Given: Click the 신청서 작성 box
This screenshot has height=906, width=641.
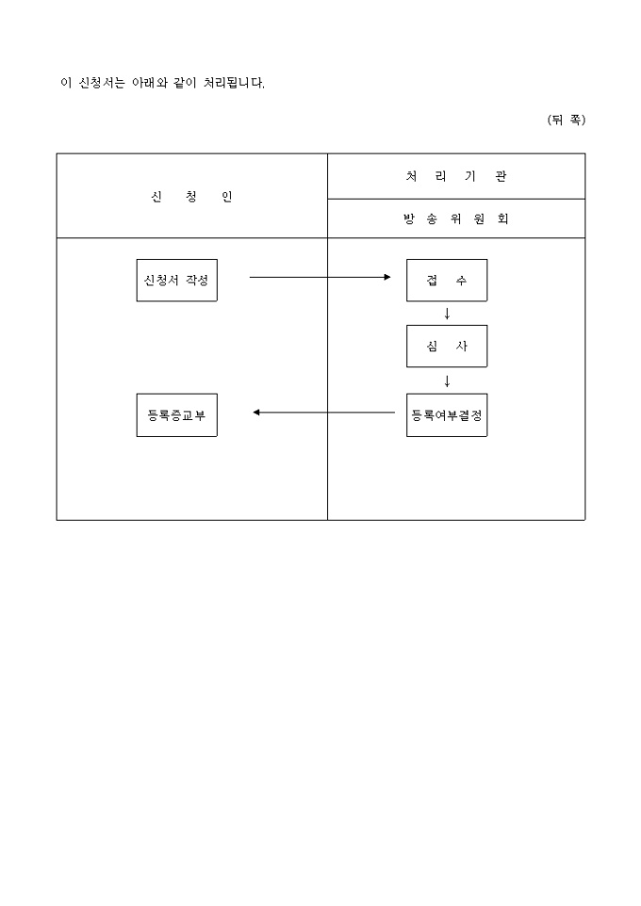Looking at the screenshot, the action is tap(177, 281).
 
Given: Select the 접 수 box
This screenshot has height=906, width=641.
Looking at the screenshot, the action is tap(447, 281).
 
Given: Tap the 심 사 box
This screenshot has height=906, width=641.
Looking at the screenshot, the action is tap(447, 346).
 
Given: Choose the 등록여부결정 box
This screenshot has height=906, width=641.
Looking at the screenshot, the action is tap(447, 415).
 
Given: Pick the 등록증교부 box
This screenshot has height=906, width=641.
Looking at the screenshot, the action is tap(177, 415).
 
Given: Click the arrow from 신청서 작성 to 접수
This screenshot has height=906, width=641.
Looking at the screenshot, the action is tap(320, 277).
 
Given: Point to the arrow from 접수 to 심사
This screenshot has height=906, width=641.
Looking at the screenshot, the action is tap(447, 314).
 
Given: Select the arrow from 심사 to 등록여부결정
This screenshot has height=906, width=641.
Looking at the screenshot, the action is tap(447, 381).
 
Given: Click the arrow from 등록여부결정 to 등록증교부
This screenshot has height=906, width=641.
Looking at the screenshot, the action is tap(324, 413).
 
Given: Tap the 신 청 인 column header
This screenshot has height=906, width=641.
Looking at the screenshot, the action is tap(191, 197).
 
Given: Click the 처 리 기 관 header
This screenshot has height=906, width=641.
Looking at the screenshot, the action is tap(456, 176).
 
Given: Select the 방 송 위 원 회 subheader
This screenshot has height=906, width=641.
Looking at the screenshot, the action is tap(456, 219).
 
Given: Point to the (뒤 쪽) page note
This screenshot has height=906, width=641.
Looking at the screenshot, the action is tap(567, 120).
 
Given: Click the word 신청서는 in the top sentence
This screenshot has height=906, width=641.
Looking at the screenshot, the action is tap(101, 83).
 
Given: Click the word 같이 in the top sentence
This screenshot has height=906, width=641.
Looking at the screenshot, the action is tap(185, 83).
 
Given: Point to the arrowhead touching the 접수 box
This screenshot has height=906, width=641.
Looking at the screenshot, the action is tap(387, 277).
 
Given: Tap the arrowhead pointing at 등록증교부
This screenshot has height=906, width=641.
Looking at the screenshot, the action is tap(256, 413).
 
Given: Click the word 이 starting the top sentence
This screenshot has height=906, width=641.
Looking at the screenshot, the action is tap(66, 83).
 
